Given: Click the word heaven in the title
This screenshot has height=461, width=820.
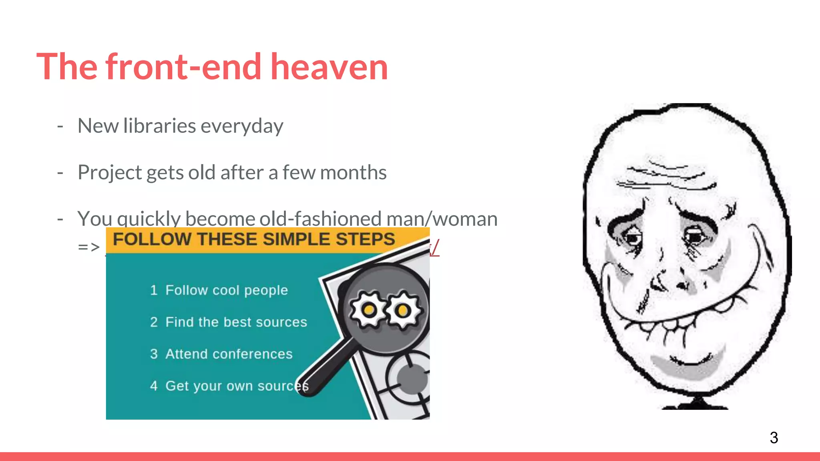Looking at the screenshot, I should coord(329,67).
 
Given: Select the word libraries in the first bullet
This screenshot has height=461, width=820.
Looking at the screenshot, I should coord(159,126).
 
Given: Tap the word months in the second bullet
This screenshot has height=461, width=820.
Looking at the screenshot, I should coord(353,172).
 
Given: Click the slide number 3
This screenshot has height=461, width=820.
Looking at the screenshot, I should coord(774,437).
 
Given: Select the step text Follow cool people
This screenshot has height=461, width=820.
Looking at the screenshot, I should coord(227,290).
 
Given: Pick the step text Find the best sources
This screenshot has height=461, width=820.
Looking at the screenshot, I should coord(236,322).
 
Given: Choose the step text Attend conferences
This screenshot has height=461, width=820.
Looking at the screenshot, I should coord(229,354).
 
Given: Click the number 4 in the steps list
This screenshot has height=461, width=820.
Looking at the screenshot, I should coord(154,386).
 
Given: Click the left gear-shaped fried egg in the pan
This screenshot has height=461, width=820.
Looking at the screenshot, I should coord(369,309).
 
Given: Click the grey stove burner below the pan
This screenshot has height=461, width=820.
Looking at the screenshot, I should coord(412,378).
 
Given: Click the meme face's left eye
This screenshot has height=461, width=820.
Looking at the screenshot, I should coord(632,238).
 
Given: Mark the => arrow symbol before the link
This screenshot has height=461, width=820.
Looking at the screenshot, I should coord(88,247).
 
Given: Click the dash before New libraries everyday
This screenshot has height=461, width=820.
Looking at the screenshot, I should coord(60,126).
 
